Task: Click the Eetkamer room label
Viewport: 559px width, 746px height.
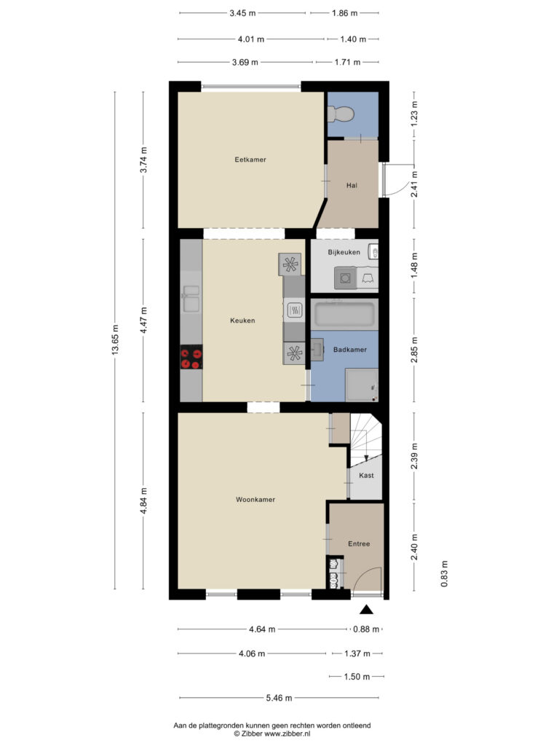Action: click(x=250, y=160)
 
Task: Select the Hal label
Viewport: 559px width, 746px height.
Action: click(x=352, y=186)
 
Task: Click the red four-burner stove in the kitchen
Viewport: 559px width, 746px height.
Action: click(x=191, y=357)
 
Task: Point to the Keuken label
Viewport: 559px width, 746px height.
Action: click(x=242, y=321)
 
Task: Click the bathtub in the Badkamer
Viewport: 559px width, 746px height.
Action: click(x=344, y=315)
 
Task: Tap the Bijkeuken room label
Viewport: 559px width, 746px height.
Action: click(x=344, y=252)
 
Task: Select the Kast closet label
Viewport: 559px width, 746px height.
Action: click(x=366, y=475)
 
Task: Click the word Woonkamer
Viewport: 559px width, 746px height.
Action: click(x=255, y=500)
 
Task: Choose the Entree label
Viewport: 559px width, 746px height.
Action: click(x=359, y=543)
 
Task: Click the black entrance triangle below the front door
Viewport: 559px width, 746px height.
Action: click(x=366, y=610)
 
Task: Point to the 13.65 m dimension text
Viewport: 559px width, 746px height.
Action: click(x=115, y=339)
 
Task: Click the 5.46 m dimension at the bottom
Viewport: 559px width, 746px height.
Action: click(x=279, y=698)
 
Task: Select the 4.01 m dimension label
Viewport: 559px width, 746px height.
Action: click(x=251, y=39)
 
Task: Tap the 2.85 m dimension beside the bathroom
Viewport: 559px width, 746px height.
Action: click(x=414, y=350)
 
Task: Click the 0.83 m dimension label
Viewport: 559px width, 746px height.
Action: click(x=445, y=574)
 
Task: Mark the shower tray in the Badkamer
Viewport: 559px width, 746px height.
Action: click(x=362, y=385)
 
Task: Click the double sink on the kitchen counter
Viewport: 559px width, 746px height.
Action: click(x=191, y=298)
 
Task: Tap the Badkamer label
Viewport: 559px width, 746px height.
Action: click(x=350, y=350)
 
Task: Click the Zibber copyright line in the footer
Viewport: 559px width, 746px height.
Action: click(x=271, y=734)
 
